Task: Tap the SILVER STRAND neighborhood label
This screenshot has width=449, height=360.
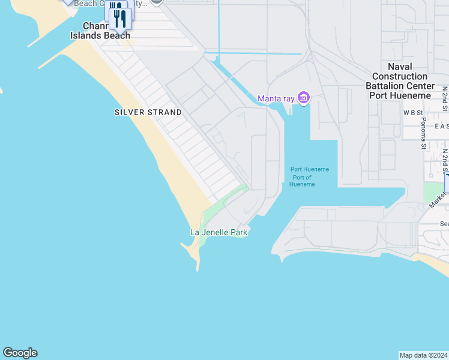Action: click(148, 112)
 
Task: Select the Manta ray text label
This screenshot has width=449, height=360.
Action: click(277, 98)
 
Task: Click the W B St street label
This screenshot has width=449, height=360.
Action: click(413, 112)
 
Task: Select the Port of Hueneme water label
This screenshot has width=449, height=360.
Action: click(310, 176)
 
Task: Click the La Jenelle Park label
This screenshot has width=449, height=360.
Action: click(218, 232)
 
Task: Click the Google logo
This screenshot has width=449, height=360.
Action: click(20, 353)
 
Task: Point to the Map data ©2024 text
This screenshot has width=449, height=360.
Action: click(423, 355)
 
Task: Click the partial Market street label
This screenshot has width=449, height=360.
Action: click(439, 199)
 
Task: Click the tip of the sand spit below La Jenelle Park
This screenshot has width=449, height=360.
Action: click(197, 269)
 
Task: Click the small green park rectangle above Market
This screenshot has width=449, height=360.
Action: click(432, 192)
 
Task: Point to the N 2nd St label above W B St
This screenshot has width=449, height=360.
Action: click(445, 97)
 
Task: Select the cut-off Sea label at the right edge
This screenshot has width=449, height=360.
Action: click(444, 224)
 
